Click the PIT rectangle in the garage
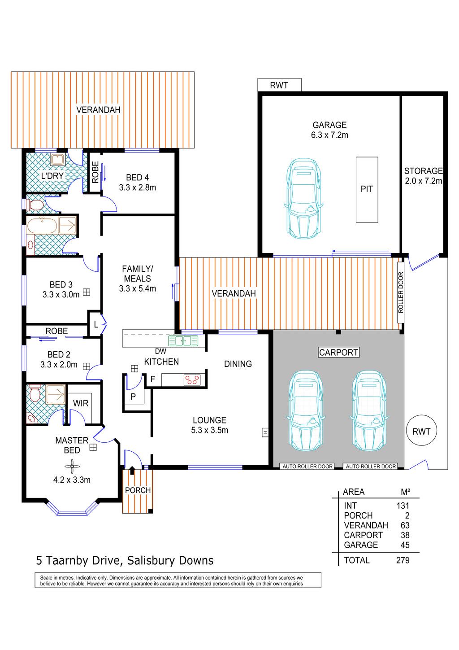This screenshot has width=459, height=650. [367, 190]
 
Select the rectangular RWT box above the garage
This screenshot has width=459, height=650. [279, 85]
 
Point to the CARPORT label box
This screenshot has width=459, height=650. [338, 352]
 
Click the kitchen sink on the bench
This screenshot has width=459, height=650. [183, 340]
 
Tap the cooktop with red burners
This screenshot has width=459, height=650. [192, 380]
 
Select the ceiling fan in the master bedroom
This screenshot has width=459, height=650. [72, 466]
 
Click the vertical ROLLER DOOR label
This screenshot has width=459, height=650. [400, 292]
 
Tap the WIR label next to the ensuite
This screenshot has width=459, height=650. [81, 403]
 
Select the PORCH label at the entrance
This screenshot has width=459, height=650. [138, 490]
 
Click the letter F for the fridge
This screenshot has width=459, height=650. [152, 379]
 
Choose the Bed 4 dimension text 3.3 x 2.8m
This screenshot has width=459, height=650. [138, 188]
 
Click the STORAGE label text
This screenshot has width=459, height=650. [423, 170]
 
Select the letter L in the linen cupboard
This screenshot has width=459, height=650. [96, 325]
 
